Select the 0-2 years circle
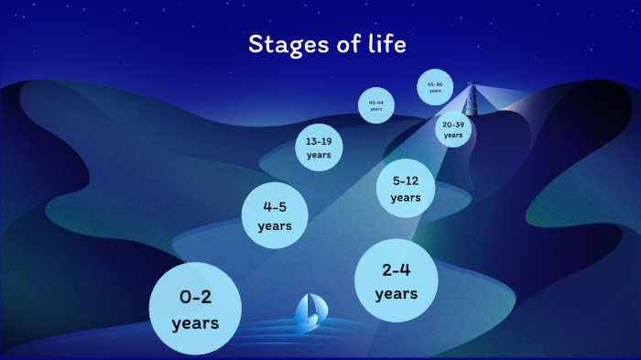click(x=195, y=309)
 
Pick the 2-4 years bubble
click(x=396, y=280)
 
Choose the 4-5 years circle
click(x=275, y=215)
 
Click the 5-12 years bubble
click(x=406, y=189)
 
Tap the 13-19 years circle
click(x=319, y=147)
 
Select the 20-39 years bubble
click(x=453, y=129)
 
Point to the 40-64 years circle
click(x=376, y=104)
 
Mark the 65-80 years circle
click(x=435, y=87)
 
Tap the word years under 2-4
click(x=396, y=294)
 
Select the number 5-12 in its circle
click(x=406, y=180)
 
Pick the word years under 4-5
click(x=275, y=225)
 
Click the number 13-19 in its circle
click(x=319, y=141)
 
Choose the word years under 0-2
click(x=195, y=323)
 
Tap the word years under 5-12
click(x=406, y=198)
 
